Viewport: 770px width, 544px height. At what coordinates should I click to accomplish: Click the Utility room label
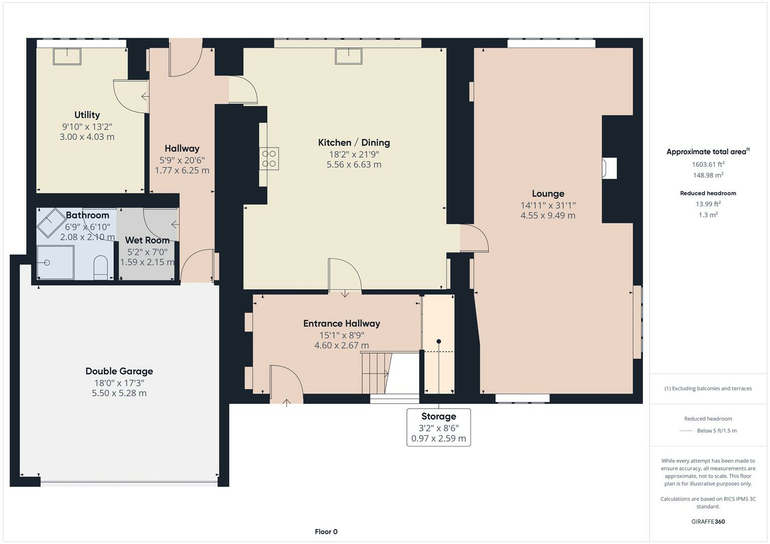pos(87,115)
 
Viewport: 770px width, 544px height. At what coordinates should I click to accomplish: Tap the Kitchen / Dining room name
pos(353,143)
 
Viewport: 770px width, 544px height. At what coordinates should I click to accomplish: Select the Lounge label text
pos(548,193)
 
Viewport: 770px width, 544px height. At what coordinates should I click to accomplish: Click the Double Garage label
pos(119,371)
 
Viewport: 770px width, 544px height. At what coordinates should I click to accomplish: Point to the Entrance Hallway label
pos(341,323)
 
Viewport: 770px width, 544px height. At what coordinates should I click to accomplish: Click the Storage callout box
pos(439,427)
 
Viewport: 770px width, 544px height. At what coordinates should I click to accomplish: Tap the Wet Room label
pos(147,240)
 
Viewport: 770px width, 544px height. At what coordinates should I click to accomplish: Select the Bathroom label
pos(87,215)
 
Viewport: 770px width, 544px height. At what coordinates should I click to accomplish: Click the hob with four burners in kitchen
pos(269,158)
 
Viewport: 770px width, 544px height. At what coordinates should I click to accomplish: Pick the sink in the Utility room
pos(67,56)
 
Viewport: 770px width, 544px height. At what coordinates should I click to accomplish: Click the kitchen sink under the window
pos(348,56)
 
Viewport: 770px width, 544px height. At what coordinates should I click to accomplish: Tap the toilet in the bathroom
pos(101,267)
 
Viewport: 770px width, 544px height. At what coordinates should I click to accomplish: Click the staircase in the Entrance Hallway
pos(376,373)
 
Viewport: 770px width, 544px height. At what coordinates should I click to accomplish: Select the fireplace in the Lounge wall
pos(609,168)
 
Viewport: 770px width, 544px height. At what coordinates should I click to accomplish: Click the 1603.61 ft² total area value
pos(708,164)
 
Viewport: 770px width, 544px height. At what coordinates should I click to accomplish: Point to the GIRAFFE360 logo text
pos(708,521)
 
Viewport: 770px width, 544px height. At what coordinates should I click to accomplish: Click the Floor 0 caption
pos(326,531)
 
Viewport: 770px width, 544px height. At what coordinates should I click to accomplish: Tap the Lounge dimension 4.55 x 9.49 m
pos(548,216)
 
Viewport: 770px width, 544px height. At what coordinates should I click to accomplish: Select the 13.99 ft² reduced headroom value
pos(708,204)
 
